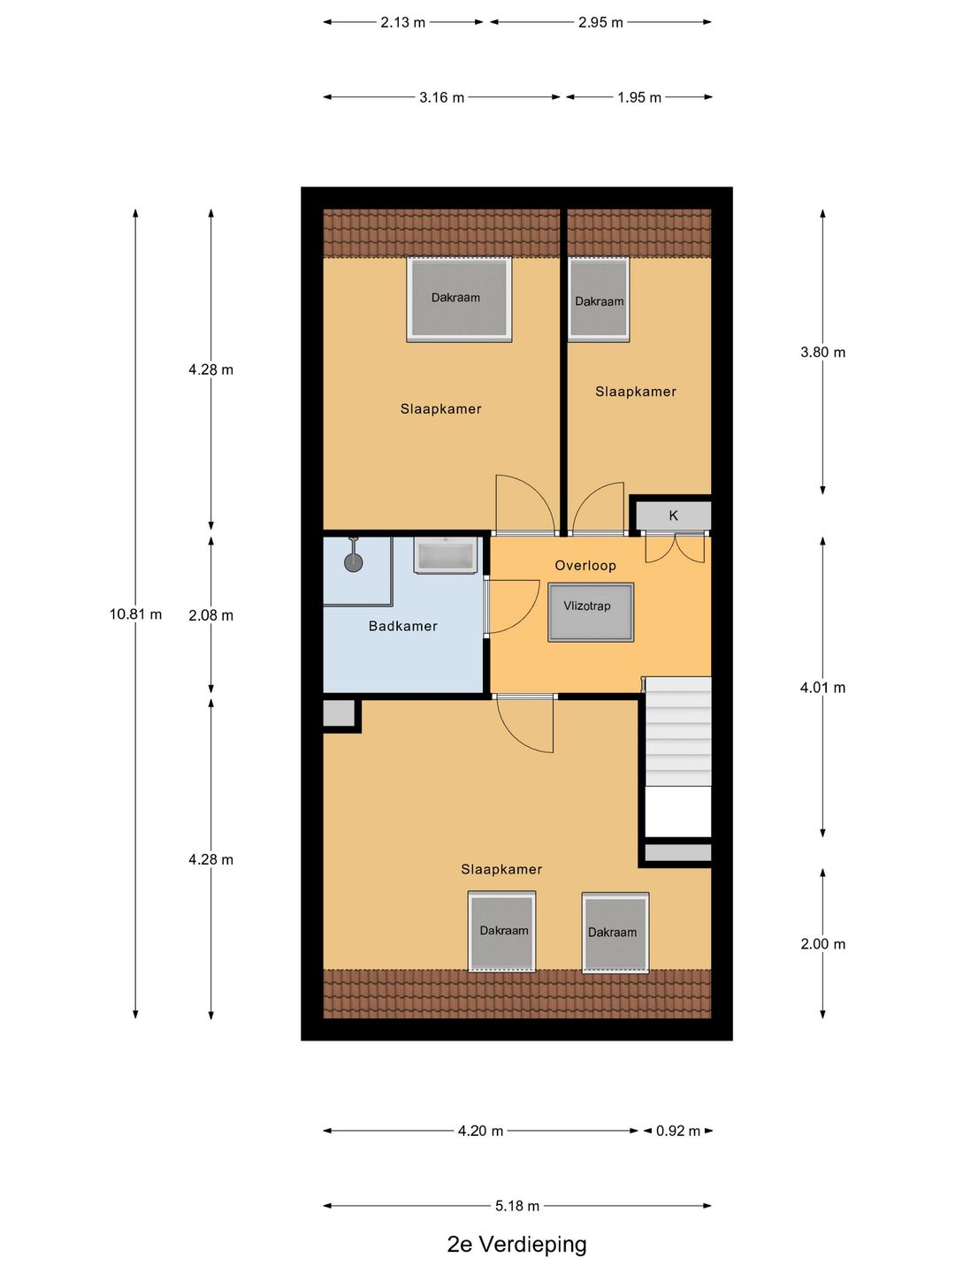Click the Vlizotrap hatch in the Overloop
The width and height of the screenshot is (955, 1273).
click(x=591, y=612)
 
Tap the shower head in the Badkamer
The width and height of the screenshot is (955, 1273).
click(x=354, y=562)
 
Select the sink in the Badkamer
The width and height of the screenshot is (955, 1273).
click(x=447, y=556)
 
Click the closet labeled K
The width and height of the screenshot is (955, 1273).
click(x=674, y=515)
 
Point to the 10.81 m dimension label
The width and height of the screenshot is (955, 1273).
click(x=135, y=614)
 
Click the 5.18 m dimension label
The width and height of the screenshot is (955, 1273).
click(x=517, y=1206)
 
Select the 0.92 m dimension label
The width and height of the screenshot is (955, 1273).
click(x=678, y=1131)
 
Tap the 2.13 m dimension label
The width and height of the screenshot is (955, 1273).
click(x=403, y=22)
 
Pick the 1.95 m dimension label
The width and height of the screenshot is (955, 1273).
click(x=639, y=97)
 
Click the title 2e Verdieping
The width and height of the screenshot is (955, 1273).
click(x=517, y=1245)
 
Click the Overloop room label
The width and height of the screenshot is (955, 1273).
click(x=585, y=566)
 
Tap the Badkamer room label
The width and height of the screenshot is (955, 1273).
click(x=403, y=626)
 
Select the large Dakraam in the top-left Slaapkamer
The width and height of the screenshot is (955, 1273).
click(x=459, y=299)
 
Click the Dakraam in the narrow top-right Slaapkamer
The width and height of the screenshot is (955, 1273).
click(x=599, y=300)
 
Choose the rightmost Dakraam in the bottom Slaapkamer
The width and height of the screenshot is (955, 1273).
click(x=615, y=933)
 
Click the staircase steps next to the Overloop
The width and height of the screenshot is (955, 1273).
click(x=678, y=731)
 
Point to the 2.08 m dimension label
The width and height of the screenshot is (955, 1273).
click(x=210, y=615)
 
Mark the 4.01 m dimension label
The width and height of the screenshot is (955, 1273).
click(x=822, y=688)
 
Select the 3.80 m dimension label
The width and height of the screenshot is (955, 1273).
click(x=822, y=352)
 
